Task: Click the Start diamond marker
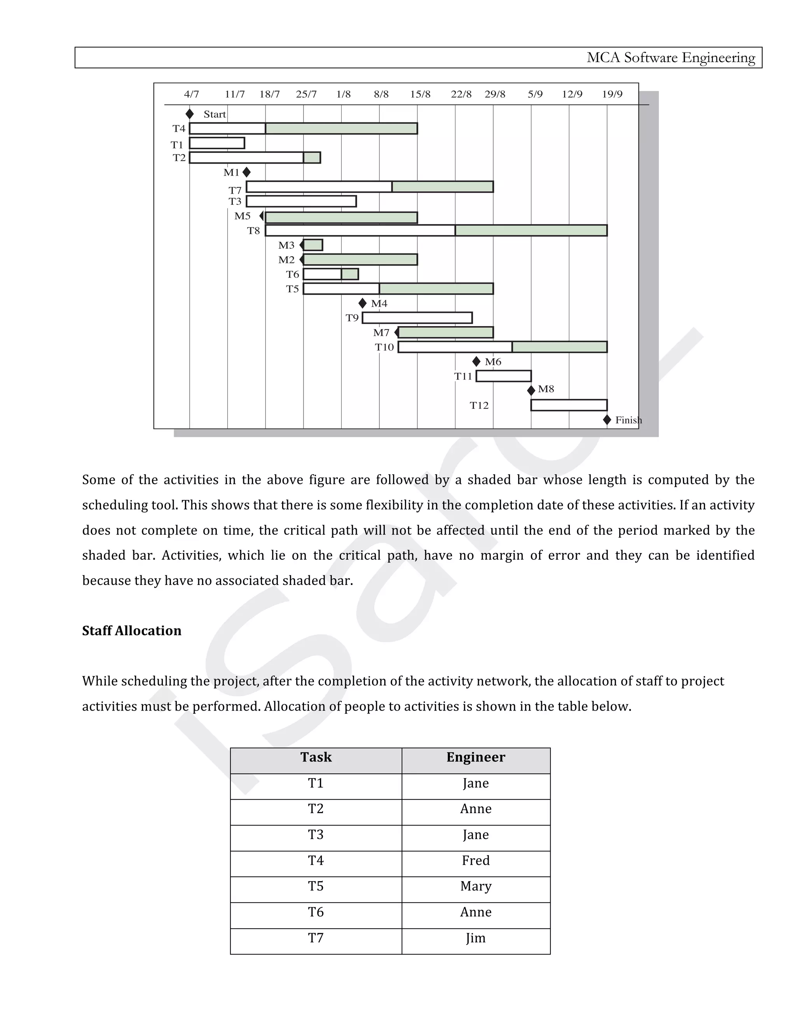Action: coord(190,113)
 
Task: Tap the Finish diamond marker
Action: coord(607,420)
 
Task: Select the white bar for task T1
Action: coord(217,143)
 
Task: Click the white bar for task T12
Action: coord(569,405)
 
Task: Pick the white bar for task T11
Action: coord(504,376)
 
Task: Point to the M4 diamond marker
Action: coord(362,303)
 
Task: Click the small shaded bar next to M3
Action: coord(313,245)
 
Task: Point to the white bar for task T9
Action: coord(417,318)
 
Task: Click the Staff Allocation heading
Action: coord(132,631)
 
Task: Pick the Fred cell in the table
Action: coord(475,861)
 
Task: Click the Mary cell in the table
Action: coord(475,887)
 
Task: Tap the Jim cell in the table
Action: coord(475,938)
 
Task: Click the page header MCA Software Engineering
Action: coord(670,58)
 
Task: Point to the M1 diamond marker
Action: coord(246,172)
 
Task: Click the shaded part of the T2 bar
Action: coord(312,157)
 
